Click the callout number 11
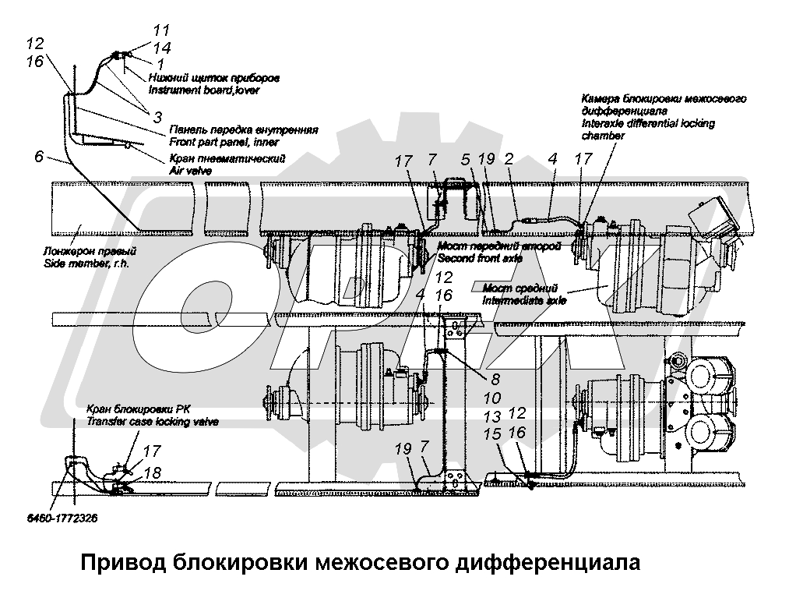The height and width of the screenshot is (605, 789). [161, 30]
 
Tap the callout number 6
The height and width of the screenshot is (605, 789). [39, 157]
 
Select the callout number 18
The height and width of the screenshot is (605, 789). [153, 472]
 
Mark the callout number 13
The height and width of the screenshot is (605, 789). [492, 416]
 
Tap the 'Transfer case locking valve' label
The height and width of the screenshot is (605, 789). [153, 421]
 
